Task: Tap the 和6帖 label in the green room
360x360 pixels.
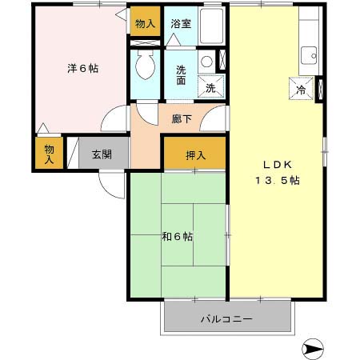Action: [177, 236]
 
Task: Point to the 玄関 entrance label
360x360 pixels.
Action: [102, 154]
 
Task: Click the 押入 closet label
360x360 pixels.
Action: [195, 154]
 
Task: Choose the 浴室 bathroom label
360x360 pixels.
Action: [181, 24]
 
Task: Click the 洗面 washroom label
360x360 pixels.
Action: [182, 74]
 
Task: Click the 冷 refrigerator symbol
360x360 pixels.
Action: [301, 90]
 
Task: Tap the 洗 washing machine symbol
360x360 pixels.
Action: [210, 88]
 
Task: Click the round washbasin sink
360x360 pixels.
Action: [206, 62]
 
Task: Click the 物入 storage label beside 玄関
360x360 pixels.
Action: [49, 154]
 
